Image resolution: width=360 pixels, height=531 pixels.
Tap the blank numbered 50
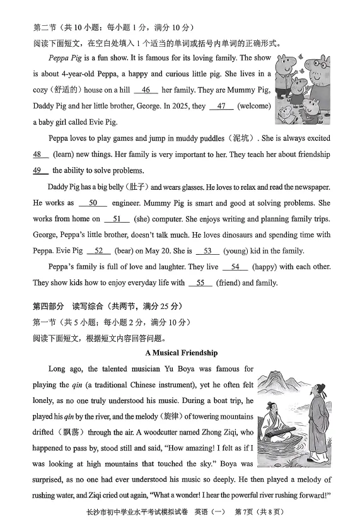tap(93, 203)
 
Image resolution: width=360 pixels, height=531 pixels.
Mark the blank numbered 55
tap(200, 283)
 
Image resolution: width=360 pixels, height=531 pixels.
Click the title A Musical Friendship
tap(181, 353)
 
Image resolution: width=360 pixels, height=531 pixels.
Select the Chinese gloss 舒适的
tap(60, 90)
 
